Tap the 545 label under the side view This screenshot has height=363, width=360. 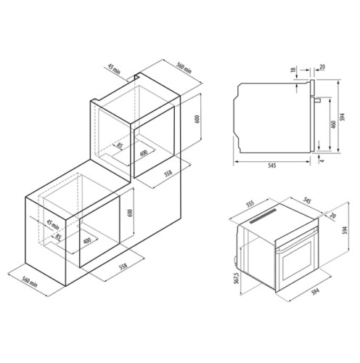271,167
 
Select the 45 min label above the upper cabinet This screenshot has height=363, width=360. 113,70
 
